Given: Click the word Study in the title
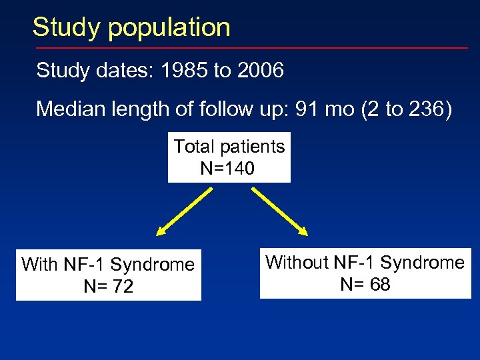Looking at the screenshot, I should coord(66,27).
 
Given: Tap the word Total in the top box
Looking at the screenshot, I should coord(195,147).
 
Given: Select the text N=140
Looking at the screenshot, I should coord(227,169).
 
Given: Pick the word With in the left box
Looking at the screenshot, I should coord(40,265).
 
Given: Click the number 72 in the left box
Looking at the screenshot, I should coord(123,287).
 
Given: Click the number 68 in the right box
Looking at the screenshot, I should coord(379,285).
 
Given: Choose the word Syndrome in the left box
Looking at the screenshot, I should coord(153,265).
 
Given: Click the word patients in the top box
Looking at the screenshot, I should coord(253,147).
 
